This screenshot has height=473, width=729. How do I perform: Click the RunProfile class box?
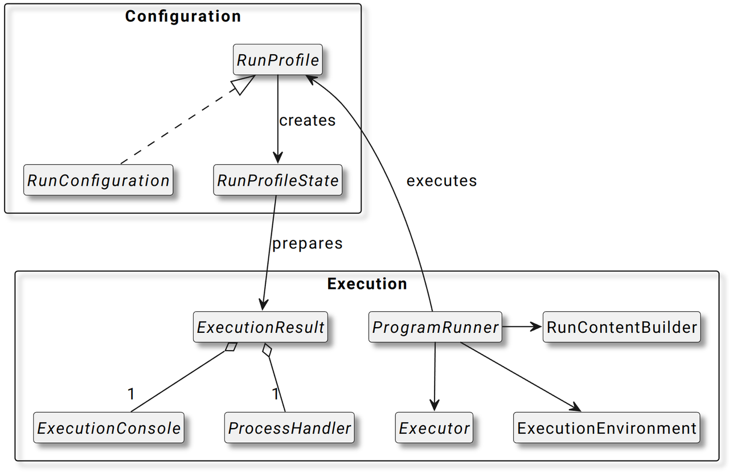click(277, 60)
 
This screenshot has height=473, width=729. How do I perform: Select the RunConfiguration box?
click(99, 180)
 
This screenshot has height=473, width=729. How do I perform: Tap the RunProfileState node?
click(277, 180)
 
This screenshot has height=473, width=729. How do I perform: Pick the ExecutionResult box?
click(260, 327)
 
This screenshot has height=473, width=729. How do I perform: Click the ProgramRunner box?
click(435, 327)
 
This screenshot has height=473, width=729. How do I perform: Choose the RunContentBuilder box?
click(621, 327)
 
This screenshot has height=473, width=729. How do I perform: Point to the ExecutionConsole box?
click(109, 427)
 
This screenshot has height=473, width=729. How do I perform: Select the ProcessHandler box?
click(289, 427)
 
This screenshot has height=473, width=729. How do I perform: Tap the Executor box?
click(434, 427)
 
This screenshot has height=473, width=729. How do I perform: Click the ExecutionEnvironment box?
click(607, 427)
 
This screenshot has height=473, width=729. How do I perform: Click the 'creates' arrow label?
click(307, 121)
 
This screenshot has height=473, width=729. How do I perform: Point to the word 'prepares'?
click(307, 244)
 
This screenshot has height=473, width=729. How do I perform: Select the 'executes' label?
click(441, 181)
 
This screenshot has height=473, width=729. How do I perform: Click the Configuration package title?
click(183, 17)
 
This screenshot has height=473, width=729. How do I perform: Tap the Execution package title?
click(367, 284)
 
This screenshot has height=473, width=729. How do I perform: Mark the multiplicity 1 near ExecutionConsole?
click(131, 394)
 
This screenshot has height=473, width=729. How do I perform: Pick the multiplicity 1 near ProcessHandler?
click(275, 394)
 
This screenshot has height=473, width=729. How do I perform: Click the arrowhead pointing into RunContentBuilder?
click(536, 327)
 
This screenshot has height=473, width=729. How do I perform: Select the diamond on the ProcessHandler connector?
click(267, 350)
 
